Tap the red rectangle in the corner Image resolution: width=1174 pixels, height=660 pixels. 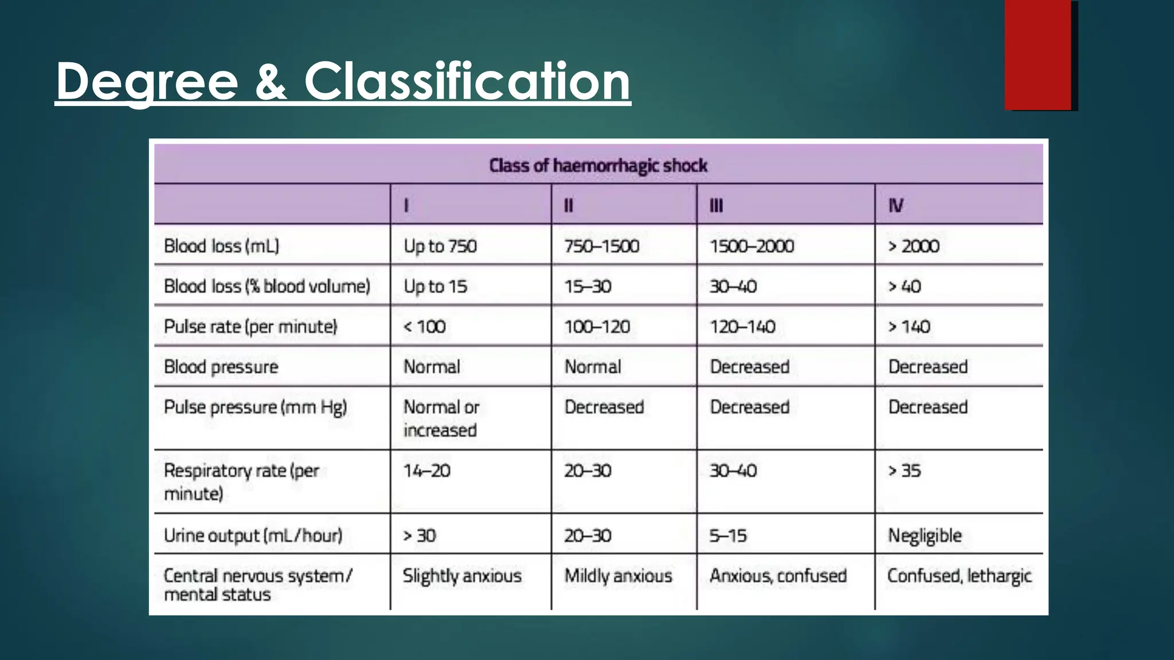coord(1038,55)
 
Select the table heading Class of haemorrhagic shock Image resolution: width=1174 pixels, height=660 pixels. coord(598,166)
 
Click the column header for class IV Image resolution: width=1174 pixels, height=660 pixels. coord(896,205)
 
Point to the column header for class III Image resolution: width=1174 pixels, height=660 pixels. coord(716,205)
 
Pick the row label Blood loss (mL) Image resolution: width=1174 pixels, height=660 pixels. coord(221,246)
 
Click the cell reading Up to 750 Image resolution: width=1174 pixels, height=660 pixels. coord(440,246)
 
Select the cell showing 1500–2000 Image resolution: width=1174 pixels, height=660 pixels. coord(752,246)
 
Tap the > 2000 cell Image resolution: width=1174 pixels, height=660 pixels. coord(914,246)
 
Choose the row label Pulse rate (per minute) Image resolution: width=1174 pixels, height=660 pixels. coord(251,327)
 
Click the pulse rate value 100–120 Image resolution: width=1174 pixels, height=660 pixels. coord(597,327)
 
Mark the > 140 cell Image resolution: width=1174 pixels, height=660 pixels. coord(909,327)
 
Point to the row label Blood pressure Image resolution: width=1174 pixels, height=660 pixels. coord(221,367)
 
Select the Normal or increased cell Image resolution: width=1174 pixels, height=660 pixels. coord(441,418)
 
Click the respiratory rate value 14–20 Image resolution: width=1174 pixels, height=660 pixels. coord(427,471)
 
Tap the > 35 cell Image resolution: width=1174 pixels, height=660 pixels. coord(905,471)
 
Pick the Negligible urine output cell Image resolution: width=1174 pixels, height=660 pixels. coord(925,536)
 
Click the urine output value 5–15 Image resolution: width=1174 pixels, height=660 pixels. coord(728,536)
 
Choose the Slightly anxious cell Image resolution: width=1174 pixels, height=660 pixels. coord(462,576)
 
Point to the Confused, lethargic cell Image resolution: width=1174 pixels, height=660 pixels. coord(959,576)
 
